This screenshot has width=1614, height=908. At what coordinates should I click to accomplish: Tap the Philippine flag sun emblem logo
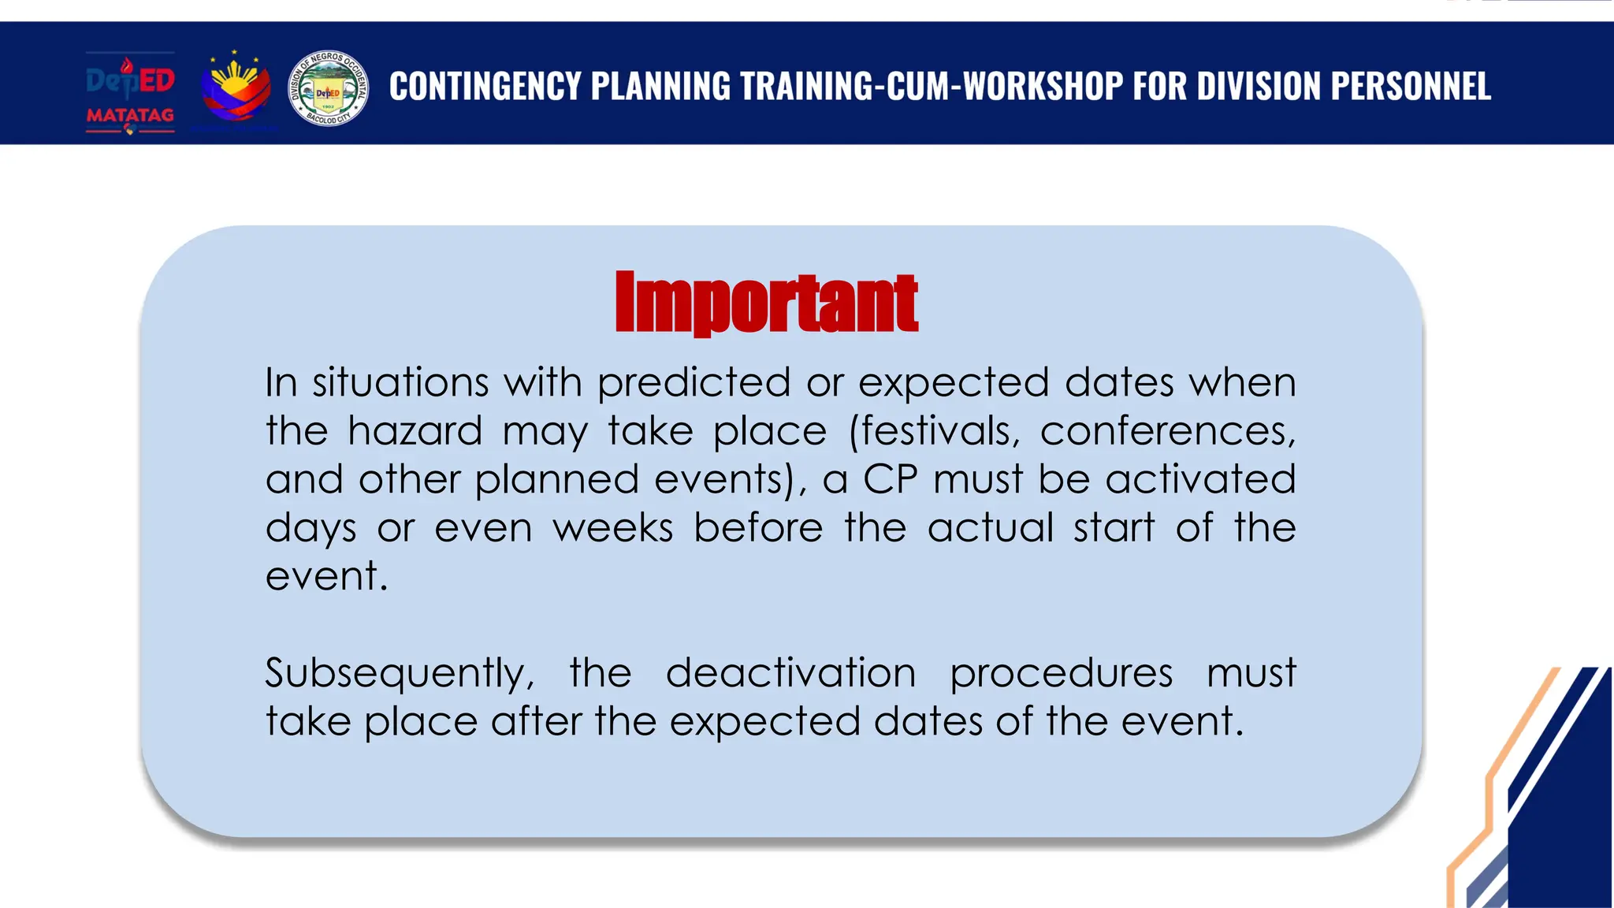235,88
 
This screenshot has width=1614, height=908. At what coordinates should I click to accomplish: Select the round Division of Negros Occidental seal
329,88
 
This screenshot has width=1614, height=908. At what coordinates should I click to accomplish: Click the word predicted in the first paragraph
694,384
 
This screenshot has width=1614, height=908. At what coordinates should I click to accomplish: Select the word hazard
415,432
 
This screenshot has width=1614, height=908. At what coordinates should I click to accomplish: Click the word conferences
1167,432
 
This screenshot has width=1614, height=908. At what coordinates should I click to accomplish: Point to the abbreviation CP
891,479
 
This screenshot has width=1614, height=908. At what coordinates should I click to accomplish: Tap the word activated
1200,479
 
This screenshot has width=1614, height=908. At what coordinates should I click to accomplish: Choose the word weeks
612,527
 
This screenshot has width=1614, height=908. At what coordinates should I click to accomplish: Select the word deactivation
790,673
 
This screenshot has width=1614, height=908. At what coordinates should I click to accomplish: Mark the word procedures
1061,675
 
